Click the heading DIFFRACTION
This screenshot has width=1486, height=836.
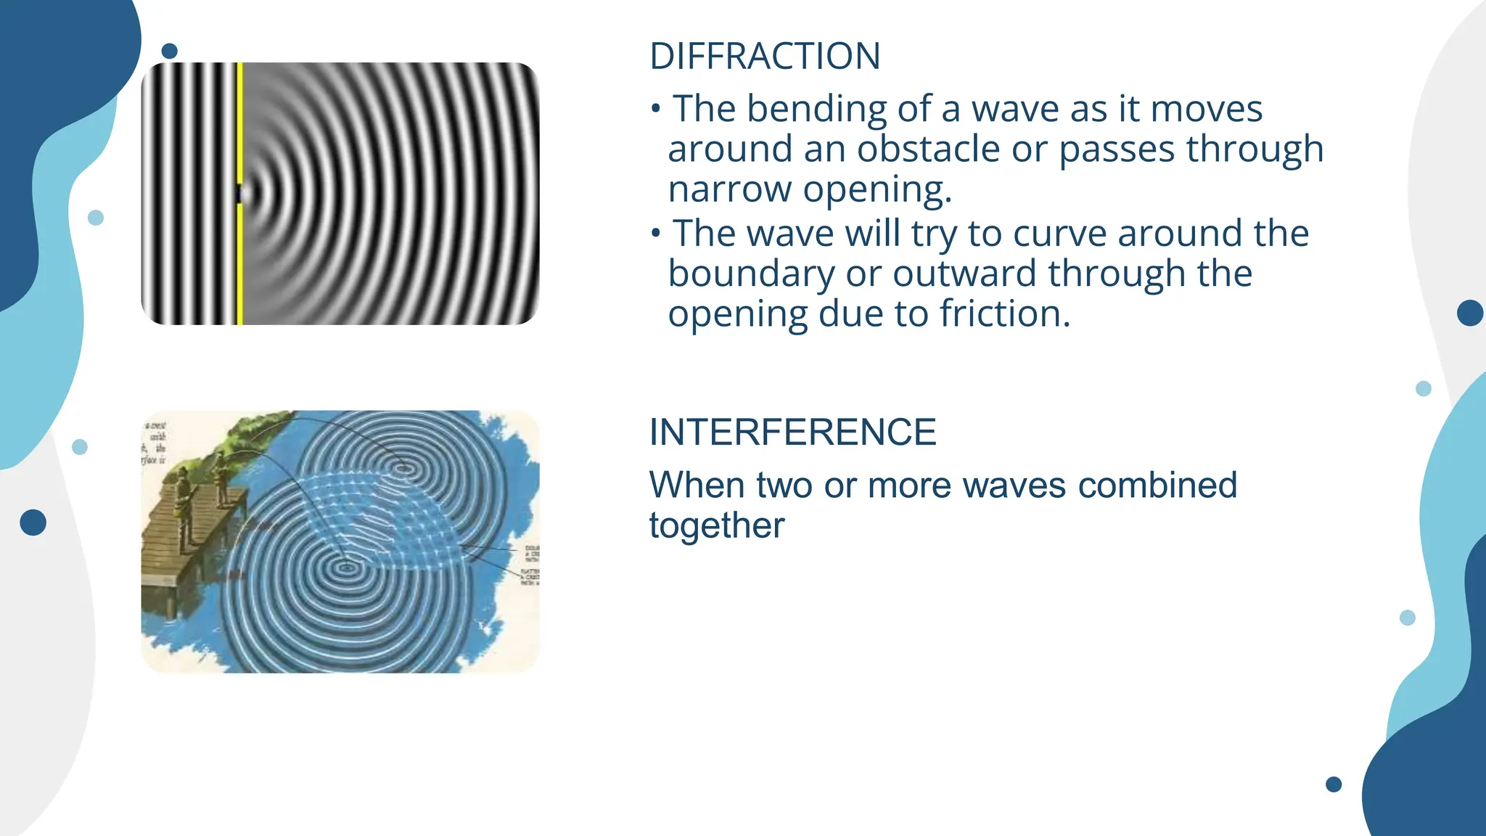[765, 57]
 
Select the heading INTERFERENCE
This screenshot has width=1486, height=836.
[792, 433]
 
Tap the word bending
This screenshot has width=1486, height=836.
[816, 110]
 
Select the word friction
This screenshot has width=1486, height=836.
[1004, 314]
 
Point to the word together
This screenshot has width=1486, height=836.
[717, 525]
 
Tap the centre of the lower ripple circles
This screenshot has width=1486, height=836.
[345, 564]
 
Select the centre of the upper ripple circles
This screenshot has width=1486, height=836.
[406, 470]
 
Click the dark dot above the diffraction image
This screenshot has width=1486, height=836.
[170, 51]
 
